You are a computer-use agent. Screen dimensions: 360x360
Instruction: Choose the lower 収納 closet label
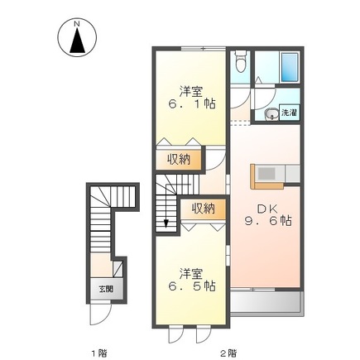(x=202, y=209)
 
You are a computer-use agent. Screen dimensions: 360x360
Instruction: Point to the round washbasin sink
(x=271, y=114)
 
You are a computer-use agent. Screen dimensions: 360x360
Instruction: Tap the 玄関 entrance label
(x=107, y=289)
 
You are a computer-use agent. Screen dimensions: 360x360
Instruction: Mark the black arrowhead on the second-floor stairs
(x=167, y=222)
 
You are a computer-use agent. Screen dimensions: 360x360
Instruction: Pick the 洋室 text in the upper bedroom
(x=191, y=91)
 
